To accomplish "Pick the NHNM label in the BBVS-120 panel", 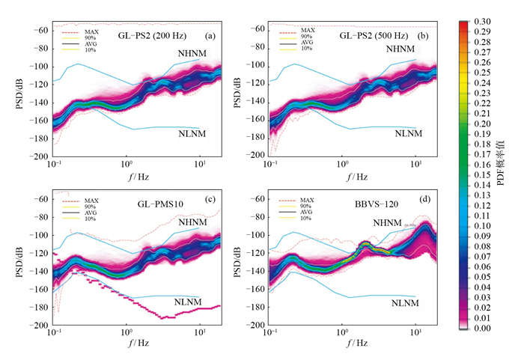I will (x=388, y=222).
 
